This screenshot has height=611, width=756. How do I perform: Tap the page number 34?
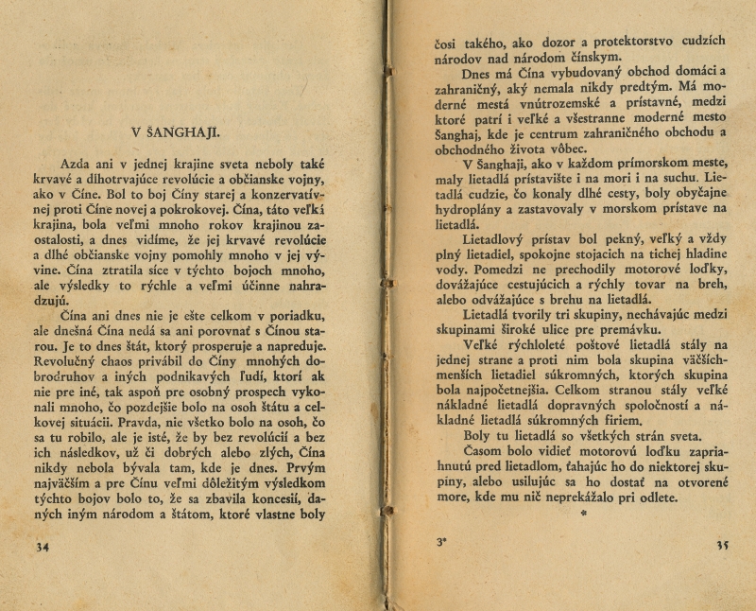[42, 546]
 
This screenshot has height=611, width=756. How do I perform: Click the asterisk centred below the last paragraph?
[583, 513]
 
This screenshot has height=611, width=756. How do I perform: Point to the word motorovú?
[614, 451]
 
